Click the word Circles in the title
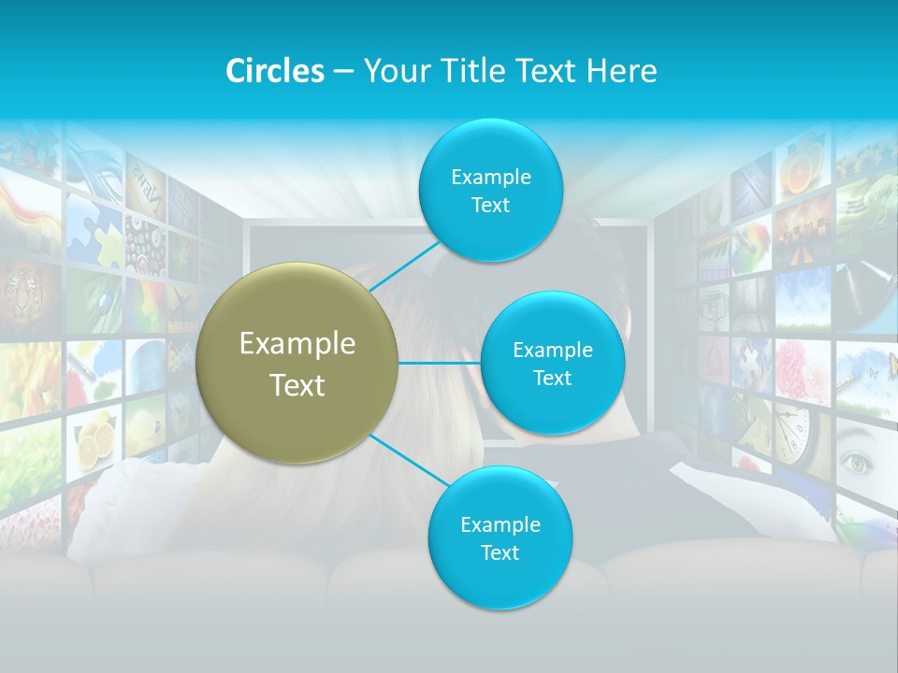click(274, 71)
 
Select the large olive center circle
click(297, 363)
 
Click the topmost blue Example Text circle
click(489, 190)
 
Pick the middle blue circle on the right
click(552, 363)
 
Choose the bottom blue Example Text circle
click(500, 537)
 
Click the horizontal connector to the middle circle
click(439, 363)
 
